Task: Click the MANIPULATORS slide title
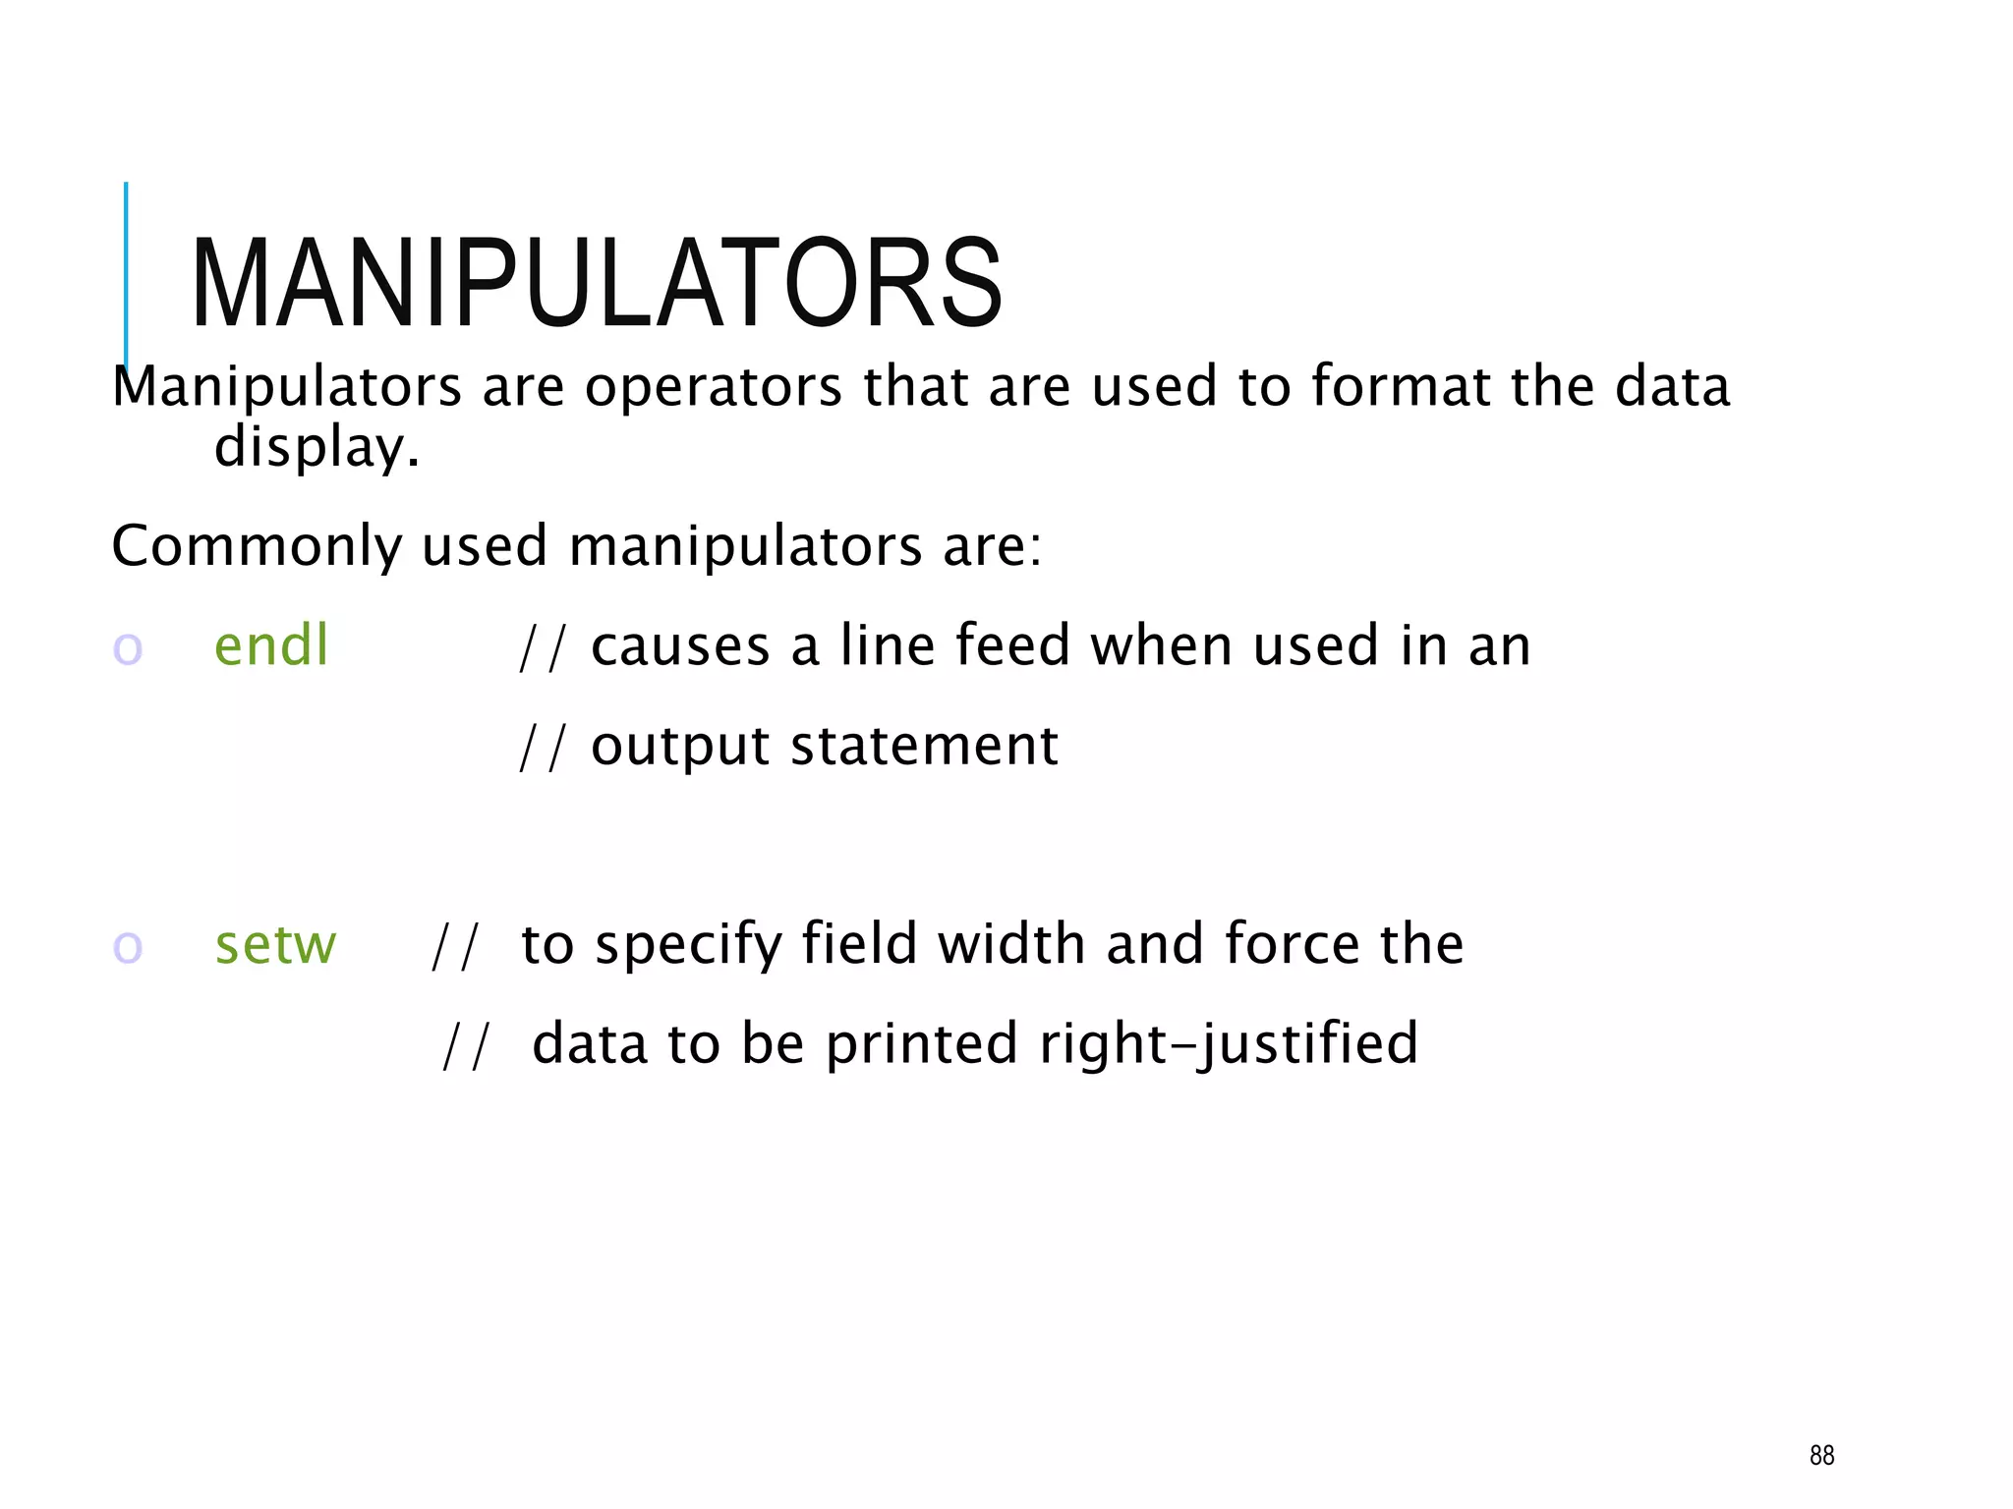pos(597,284)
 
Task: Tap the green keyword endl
pos(271,646)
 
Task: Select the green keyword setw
pos(275,945)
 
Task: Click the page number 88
pos(1821,1455)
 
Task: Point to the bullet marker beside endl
pos(128,649)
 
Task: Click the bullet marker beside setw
pos(128,948)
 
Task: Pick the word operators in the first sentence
pos(714,387)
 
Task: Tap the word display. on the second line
pos(316,448)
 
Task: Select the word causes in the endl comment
pos(680,647)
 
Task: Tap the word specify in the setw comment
pos(687,946)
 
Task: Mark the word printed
pos(921,1044)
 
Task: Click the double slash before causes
pos(543,647)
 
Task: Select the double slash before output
pos(543,748)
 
